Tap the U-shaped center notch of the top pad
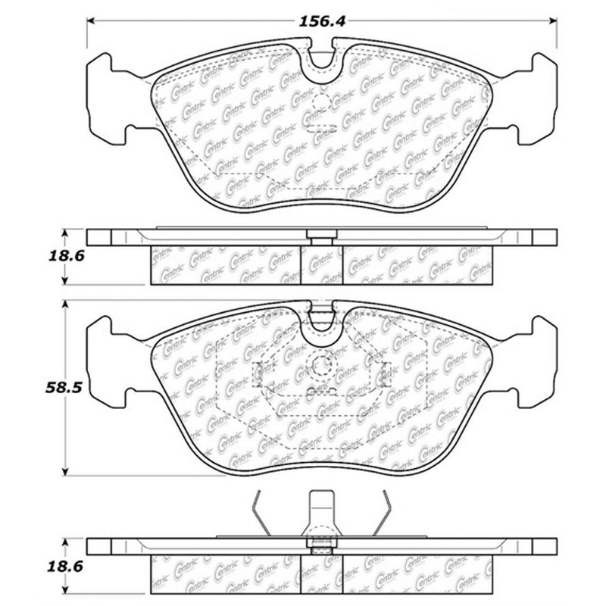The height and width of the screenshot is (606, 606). [x=323, y=63]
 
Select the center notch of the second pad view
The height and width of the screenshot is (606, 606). [x=323, y=318]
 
